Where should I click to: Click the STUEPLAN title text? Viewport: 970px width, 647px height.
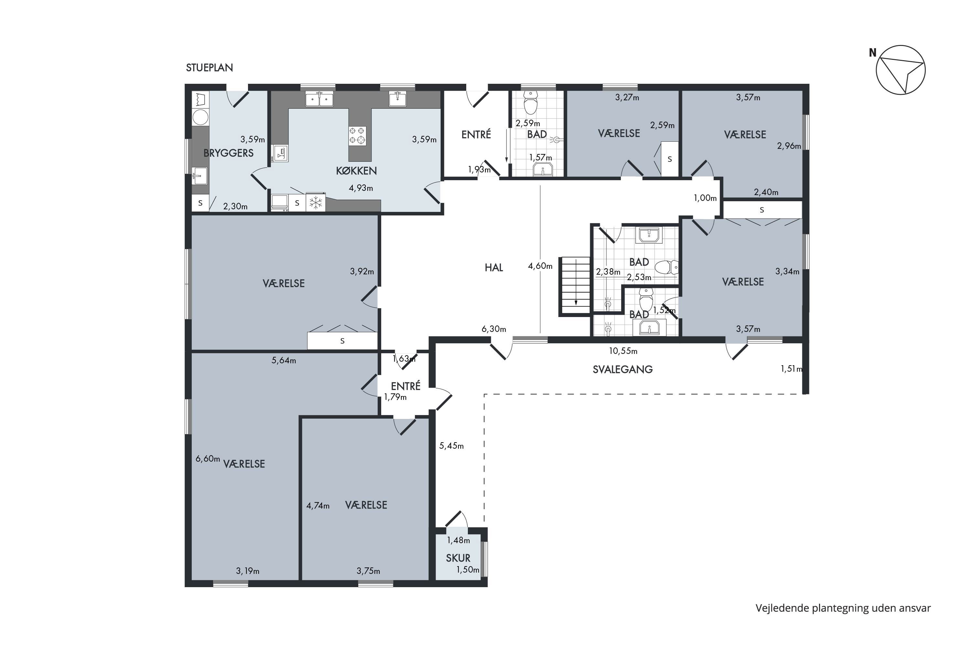click(210, 68)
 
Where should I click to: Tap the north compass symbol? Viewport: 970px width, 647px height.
click(900, 70)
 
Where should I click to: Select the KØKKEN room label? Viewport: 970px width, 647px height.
click(356, 170)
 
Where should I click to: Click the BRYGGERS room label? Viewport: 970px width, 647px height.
click(229, 153)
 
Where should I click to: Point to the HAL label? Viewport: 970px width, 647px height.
click(494, 268)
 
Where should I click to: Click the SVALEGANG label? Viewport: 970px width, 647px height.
click(623, 369)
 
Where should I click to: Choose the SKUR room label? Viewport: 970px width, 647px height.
click(458, 558)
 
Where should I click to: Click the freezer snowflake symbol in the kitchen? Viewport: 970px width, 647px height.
click(316, 203)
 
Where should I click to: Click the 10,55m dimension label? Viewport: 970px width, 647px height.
click(623, 351)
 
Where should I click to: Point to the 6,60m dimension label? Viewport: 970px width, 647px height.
click(208, 458)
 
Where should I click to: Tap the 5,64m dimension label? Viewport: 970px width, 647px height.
click(284, 360)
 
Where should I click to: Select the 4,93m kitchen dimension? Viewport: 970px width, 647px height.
click(361, 188)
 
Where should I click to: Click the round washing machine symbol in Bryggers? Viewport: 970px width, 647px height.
click(200, 117)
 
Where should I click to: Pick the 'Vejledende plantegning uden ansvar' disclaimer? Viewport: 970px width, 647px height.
click(843, 608)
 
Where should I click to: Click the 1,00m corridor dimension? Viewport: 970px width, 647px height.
click(705, 198)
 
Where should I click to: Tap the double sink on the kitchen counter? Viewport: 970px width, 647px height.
click(319, 99)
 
